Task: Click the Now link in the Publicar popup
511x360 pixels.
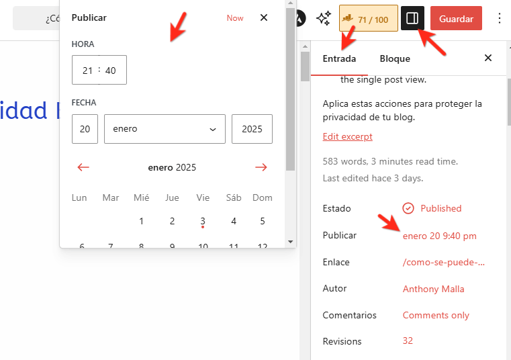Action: point(235,18)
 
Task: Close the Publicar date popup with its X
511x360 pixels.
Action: point(264,18)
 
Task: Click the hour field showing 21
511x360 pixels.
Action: point(87,70)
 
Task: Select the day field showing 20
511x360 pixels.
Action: point(85,129)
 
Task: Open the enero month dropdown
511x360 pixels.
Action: point(165,129)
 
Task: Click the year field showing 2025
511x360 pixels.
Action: point(252,129)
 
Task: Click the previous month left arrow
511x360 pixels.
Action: point(83,167)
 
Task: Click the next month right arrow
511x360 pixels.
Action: point(261,167)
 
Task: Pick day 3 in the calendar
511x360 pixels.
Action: point(203,221)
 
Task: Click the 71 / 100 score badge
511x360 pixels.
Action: point(369,19)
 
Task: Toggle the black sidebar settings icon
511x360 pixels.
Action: point(412,19)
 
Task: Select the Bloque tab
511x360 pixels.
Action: point(395,58)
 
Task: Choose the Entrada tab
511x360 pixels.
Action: point(340,58)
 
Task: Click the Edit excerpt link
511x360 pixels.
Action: point(347,136)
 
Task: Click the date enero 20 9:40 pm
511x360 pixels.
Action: point(440,236)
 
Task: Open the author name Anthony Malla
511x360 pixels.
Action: point(433,289)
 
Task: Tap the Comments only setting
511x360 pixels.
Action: point(436,315)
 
